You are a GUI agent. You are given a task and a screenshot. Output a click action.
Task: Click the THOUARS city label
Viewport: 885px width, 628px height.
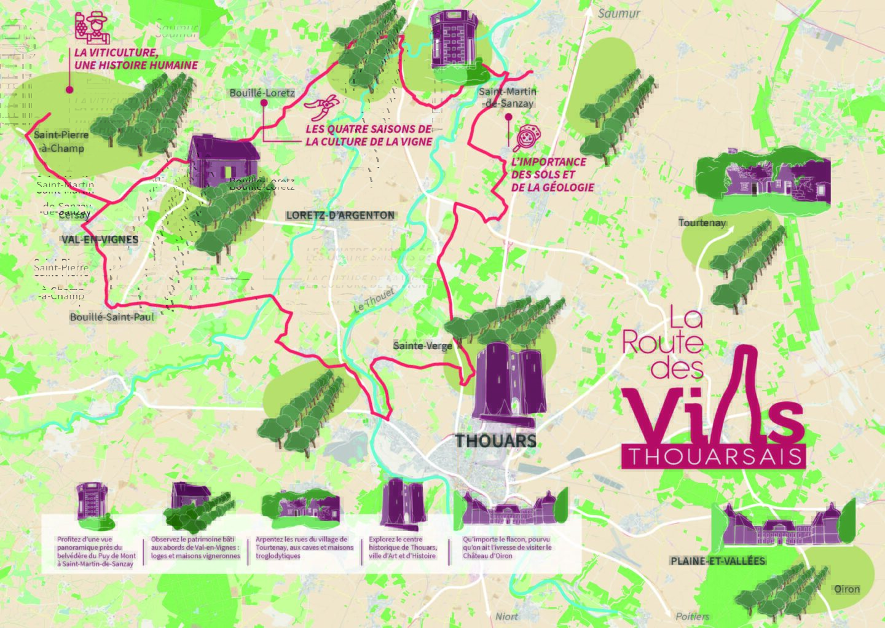(x=495, y=441)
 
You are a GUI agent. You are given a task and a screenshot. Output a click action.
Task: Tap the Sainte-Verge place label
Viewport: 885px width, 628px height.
(x=422, y=346)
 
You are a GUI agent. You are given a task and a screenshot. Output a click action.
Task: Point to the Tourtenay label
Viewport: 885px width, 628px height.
(x=702, y=222)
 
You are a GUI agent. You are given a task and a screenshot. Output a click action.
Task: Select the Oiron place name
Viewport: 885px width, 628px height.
(x=846, y=589)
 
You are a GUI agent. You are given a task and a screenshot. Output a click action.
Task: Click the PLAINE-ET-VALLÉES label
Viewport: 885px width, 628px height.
(x=718, y=561)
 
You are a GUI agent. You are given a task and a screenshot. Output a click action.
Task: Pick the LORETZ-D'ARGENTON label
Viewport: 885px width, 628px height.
(x=340, y=215)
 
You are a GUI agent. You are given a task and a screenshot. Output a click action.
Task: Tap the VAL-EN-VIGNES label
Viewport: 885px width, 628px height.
(x=100, y=239)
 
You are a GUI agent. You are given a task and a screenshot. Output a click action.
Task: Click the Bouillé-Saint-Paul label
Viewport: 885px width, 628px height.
(x=112, y=317)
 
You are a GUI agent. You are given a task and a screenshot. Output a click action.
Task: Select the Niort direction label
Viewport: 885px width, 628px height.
(x=506, y=616)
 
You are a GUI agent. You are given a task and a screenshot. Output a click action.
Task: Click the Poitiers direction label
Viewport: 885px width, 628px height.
(x=692, y=616)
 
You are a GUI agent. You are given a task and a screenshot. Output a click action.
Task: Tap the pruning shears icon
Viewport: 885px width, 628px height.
(x=321, y=108)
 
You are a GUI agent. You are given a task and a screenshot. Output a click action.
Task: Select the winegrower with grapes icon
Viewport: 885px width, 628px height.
(x=88, y=26)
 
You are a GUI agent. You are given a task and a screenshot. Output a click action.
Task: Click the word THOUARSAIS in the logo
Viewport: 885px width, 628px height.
(x=713, y=457)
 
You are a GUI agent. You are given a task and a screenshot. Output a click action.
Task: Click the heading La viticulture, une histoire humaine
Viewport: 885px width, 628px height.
(x=136, y=59)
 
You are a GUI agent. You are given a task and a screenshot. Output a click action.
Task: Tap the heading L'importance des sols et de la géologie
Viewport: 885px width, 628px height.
(x=551, y=175)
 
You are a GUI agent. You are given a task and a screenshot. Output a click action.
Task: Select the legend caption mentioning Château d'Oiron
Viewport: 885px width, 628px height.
(x=507, y=548)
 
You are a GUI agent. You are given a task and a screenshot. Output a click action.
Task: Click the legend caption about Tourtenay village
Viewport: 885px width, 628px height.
(x=304, y=548)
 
